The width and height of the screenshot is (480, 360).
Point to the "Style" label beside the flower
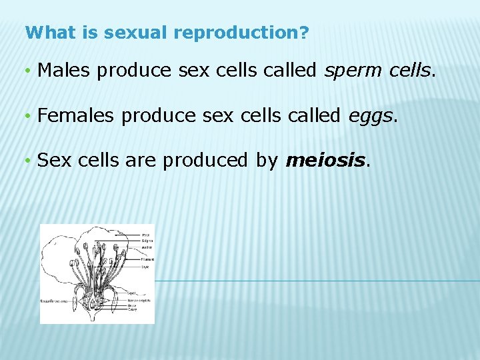click(x=145, y=267)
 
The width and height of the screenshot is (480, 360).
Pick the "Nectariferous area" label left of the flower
click(x=54, y=301)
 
